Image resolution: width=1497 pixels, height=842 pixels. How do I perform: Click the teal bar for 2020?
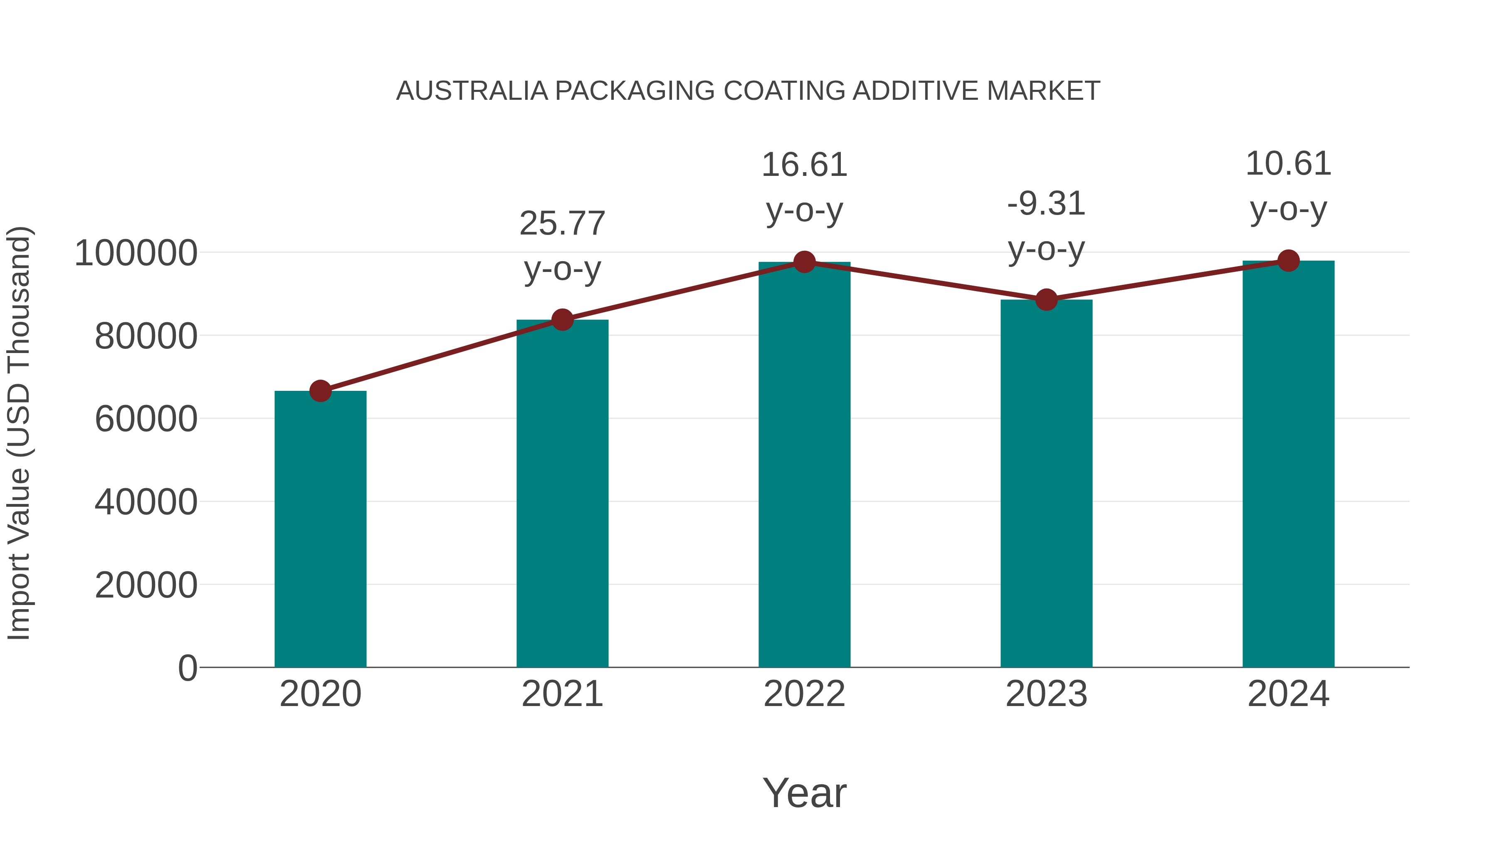(320, 529)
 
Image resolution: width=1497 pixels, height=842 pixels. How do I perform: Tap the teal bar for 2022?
(804, 464)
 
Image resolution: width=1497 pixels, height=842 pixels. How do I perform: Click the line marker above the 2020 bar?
(320, 391)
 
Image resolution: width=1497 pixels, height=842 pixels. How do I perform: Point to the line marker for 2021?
(562, 320)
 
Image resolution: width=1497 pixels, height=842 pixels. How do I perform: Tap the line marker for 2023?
(1046, 300)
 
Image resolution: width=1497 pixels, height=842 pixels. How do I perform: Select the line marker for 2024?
(1288, 261)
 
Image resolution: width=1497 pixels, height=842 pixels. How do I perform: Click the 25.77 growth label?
(562, 224)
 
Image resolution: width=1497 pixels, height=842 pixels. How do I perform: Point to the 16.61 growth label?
(804, 165)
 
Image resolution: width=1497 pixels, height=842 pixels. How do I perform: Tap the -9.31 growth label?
(1046, 204)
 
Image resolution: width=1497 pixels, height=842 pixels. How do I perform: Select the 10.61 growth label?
(1288, 164)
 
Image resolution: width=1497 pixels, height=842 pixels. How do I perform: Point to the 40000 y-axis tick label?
(146, 502)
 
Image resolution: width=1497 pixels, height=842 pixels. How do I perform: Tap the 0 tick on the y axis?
(188, 668)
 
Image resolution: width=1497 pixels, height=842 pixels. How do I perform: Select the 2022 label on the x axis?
(804, 694)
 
